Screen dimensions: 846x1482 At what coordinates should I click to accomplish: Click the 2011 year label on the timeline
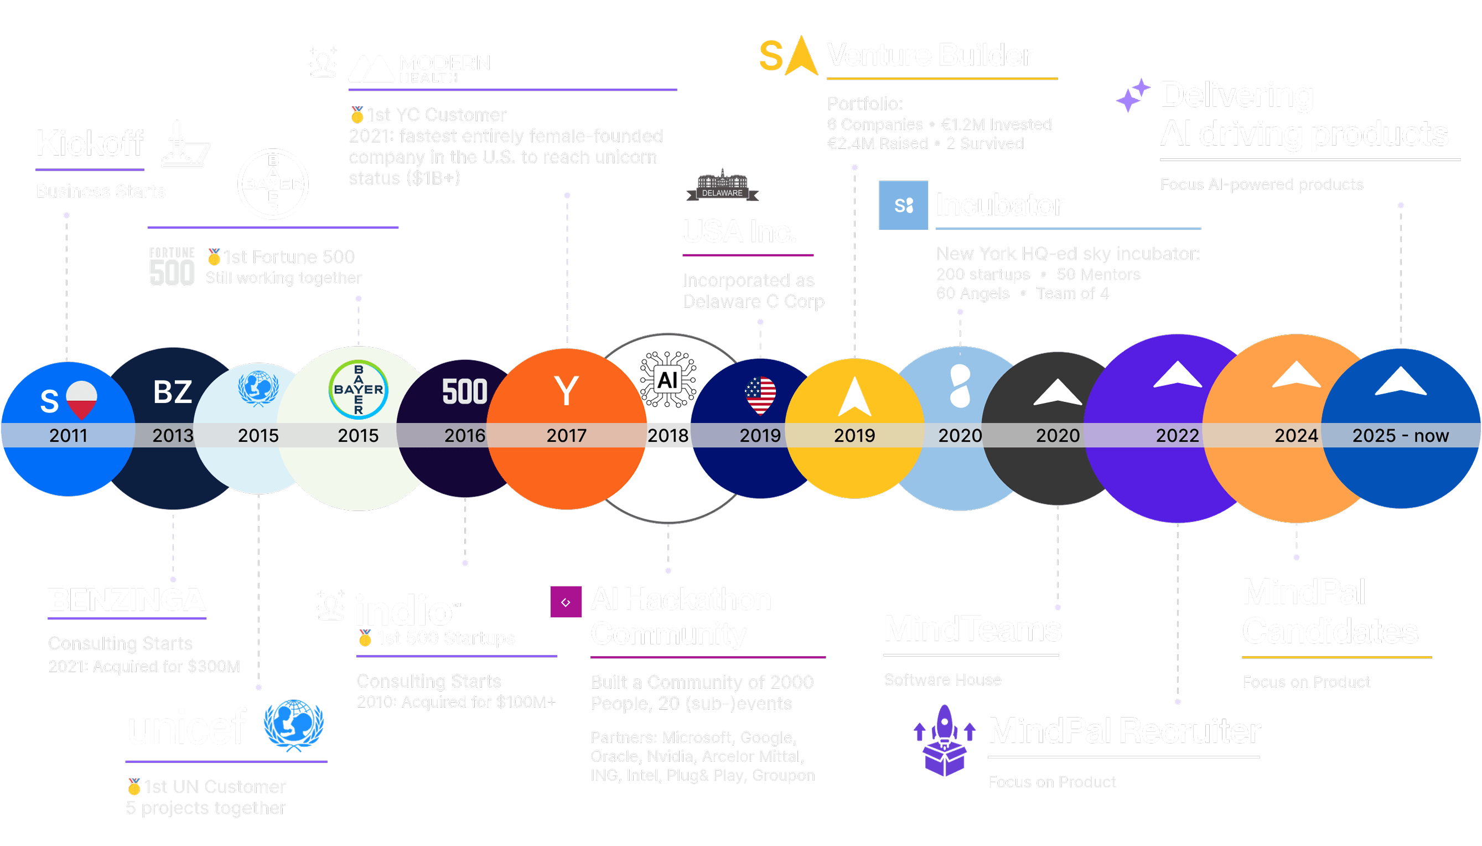[x=68, y=435]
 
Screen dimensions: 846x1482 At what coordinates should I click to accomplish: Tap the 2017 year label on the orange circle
[x=566, y=435]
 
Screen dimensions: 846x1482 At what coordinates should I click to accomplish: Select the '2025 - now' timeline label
[x=1400, y=435]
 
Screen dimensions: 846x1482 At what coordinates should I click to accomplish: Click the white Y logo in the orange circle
[x=566, y=390]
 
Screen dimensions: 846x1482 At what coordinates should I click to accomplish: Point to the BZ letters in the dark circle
[x=173, y=391]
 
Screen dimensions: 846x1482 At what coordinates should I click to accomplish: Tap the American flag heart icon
[x=760, y=395]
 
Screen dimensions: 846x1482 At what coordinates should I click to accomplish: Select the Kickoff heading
[x=90, y=143]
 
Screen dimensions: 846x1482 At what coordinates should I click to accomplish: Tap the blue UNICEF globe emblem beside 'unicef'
[x=294, y=725]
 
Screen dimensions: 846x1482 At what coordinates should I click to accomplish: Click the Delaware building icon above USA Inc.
[x=722, y=184]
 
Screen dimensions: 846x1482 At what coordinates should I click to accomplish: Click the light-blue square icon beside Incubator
[x=903, y=205]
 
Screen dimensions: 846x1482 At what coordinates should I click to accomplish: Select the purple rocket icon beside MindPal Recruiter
[x=944, y=740]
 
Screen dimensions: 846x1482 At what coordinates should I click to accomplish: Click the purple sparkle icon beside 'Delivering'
[x=1132, y=95]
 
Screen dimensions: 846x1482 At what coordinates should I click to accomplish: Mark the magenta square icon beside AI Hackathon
[x=566, y=602]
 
